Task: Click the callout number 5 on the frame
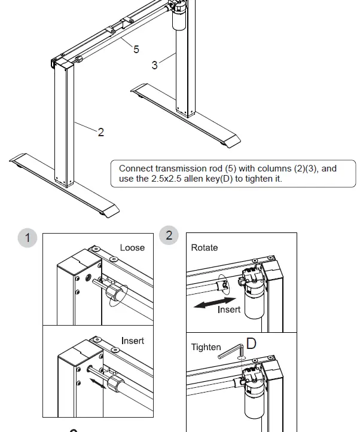click(136, 49)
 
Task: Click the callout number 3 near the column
click(155, 65)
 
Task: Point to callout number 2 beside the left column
click(100, 132)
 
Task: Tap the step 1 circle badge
click(27, 238)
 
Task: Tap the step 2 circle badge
click(169, 235)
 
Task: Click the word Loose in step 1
click(132, 247)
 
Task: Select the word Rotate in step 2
click(205, 247)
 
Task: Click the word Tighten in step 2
click(206, 347)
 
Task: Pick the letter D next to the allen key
click(251, 344)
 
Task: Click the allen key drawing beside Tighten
click(231, 352)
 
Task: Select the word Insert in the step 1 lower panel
click(132, 341)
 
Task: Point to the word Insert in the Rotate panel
click(228, 310)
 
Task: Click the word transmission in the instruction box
click(185, 168)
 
